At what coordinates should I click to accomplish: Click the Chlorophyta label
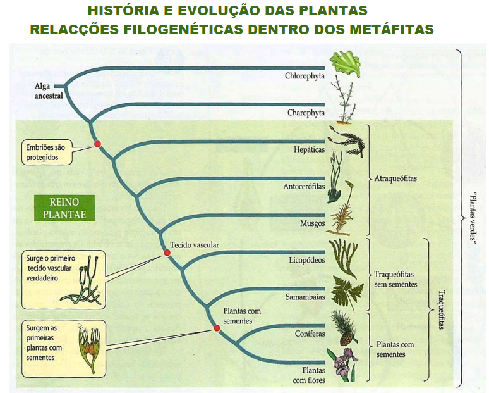point(305,76)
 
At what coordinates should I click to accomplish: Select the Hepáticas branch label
point(309,150)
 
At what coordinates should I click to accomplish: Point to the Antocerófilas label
point(304,187)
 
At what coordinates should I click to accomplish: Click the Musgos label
point(312,223)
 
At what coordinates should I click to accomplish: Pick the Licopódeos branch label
point(307,259)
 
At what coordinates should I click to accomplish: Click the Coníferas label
point(310,333)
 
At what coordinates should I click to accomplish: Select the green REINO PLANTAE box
point(64,208)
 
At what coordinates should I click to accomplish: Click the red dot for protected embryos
point(97,144)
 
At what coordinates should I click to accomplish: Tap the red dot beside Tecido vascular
point(167,253)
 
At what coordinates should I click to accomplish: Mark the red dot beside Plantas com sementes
point(216,328)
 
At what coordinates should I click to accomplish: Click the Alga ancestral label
point(49,91)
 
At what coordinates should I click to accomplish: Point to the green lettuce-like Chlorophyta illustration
point(346,63)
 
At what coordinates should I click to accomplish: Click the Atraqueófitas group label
point(396,178)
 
